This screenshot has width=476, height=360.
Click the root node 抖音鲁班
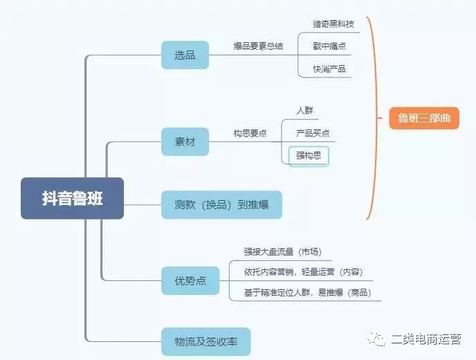tap(72, 198)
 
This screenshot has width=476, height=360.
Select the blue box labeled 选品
tap(185, 55)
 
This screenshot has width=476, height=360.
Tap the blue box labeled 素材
tap(185, 142)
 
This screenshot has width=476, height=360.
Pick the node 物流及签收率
tap(205, 341)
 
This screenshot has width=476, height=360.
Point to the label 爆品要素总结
tap(258, 46)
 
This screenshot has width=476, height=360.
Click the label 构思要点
tap(250, 134)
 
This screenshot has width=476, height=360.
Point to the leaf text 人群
tap(305, 111)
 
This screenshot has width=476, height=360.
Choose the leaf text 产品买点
tap(313, 133)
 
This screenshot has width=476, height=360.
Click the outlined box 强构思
tap(309, 156)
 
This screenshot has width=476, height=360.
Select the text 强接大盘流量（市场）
tap(282, 252)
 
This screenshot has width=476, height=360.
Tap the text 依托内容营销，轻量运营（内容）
tap(304, 271)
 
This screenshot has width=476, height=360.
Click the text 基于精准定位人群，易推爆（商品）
tap(307, 293)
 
